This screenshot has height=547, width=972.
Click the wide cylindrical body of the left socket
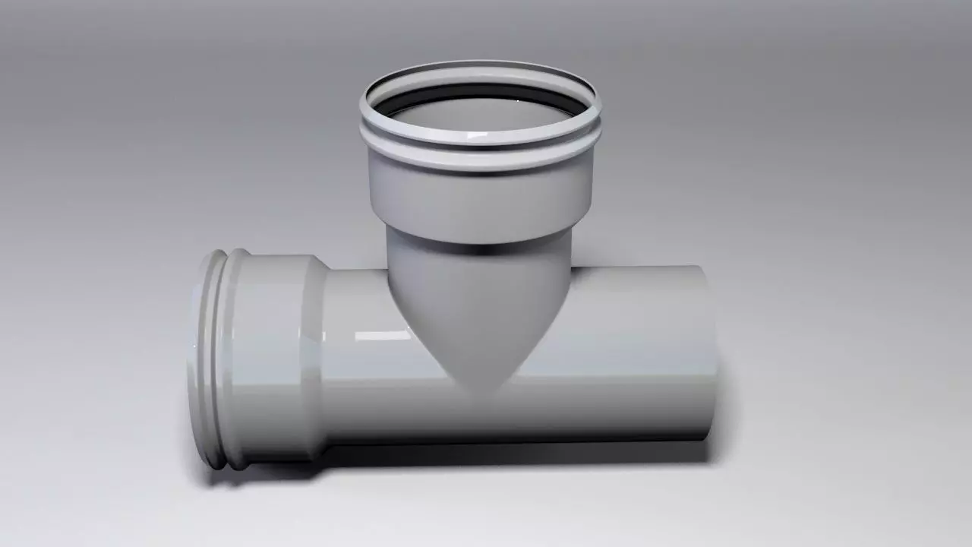tap(273, 357)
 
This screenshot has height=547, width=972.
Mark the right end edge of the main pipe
tap(712, 353)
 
